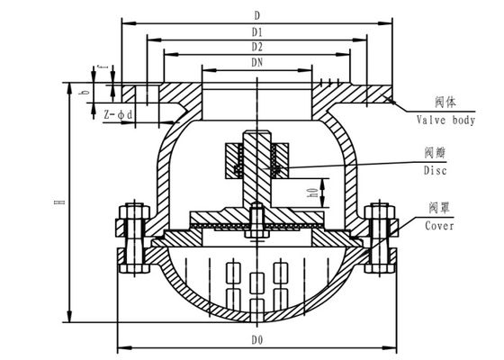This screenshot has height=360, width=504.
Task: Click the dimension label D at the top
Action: (256, 15)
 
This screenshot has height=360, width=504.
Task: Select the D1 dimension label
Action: (257, 32)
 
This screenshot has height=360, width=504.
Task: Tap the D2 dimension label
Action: (257, 47)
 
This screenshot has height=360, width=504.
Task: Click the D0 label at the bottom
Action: (257, 341)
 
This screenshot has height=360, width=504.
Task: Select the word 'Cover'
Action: (440, 226)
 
